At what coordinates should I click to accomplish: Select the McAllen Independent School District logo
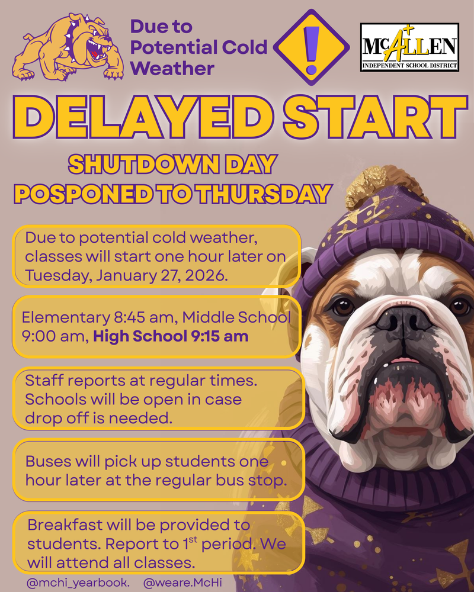[409, 47]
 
